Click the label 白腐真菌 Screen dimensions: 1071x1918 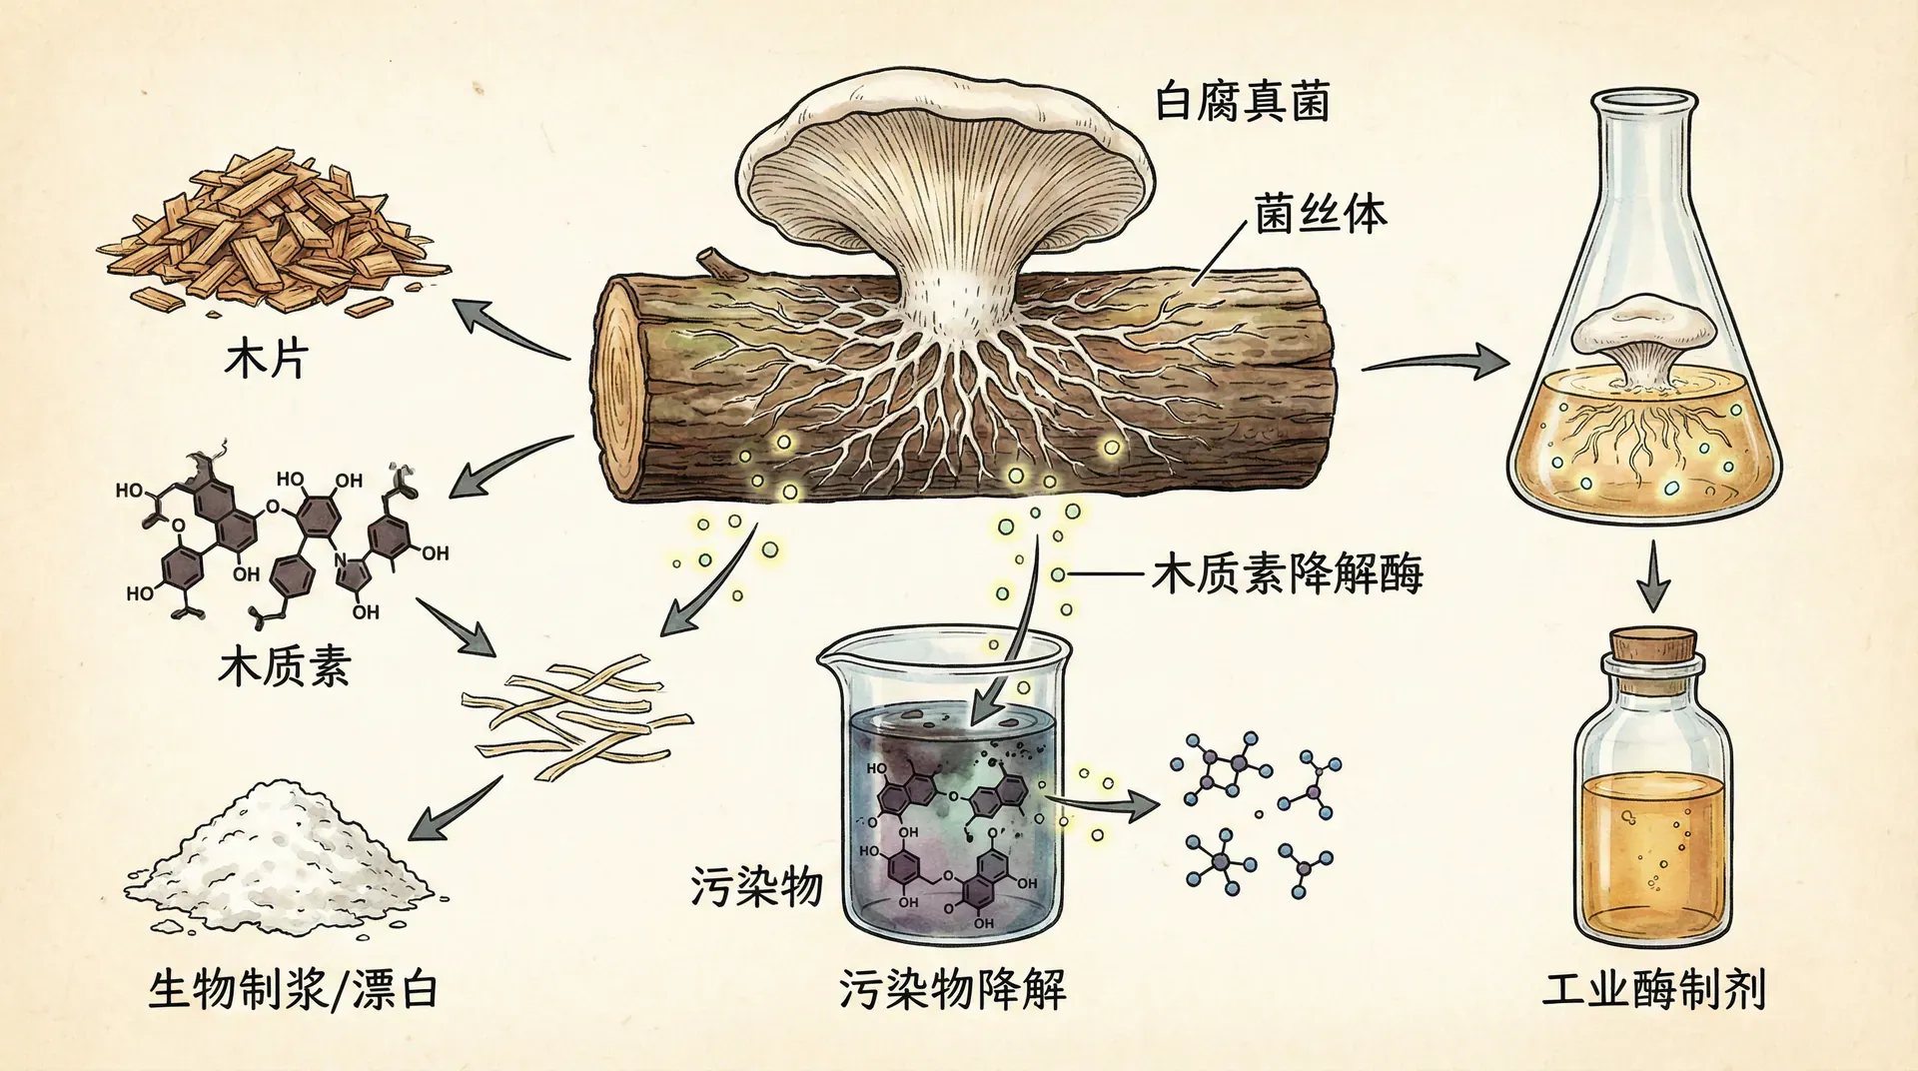[x=1242, y=103]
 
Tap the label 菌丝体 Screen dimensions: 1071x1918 [x=1321, y=215]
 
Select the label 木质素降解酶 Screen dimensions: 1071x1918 [x=1287, y=574]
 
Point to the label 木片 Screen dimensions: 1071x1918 [x=266, y=359]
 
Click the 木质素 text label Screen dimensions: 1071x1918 [x=285, y=665]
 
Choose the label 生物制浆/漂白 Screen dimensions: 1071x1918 [x=294, y=989]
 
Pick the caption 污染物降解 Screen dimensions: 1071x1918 [x=952, y=989]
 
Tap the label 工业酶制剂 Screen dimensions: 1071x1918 [x=1654, y=989]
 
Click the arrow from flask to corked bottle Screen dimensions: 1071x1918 [x=1653, y=576]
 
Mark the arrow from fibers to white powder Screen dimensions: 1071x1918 [x=455, y=809]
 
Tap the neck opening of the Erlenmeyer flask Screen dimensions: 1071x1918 [x=1644, y=101]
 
